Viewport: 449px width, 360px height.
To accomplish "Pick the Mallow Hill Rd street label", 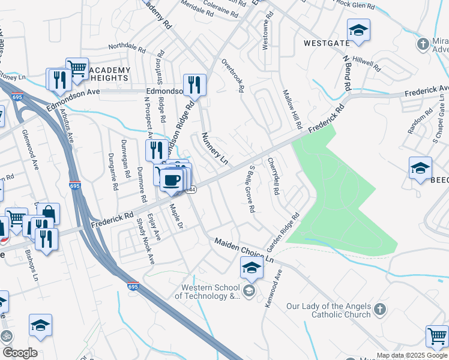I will (292, 109).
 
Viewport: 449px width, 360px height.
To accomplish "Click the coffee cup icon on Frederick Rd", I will (172, 180).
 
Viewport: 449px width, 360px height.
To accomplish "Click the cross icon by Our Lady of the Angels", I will (379, 310).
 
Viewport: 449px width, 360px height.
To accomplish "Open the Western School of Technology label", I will (208, 291).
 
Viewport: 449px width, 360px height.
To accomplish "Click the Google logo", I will (19, 353).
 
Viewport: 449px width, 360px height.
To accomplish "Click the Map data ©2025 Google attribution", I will (412, 355).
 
